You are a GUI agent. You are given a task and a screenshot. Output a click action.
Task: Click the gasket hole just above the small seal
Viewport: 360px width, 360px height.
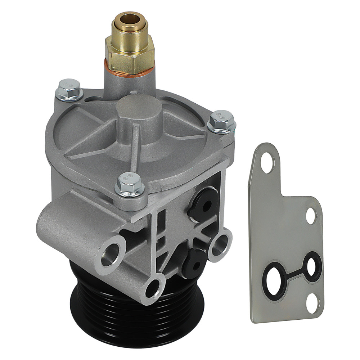point(311,216)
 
